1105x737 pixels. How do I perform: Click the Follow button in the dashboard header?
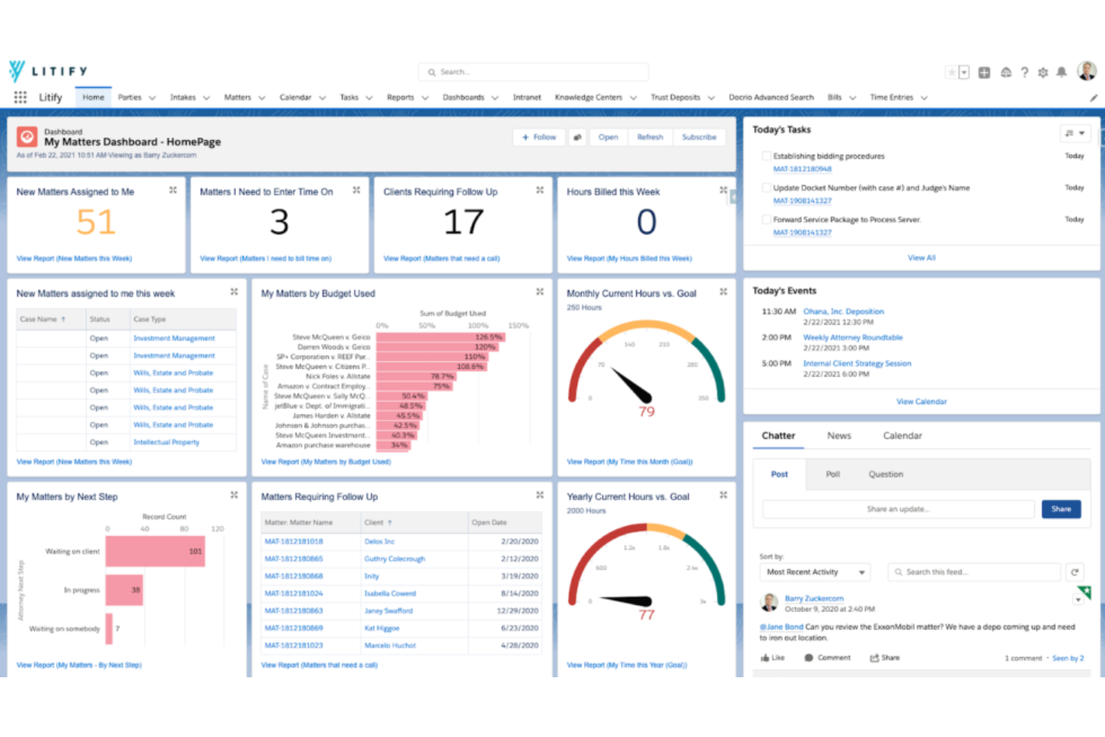pyautogui.click(x=539, y=137)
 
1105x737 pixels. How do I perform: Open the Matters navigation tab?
pyautogui.click(x=237, y=98)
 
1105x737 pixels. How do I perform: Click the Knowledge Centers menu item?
pyautogui.click(x=588, y=98)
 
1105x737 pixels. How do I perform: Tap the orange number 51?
pyautogui.click(x=96, y=223)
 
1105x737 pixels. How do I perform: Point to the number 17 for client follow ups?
pyautogui.click(x=463, y=223)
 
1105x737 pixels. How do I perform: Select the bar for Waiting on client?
pyautogui.click(x=155, y=552)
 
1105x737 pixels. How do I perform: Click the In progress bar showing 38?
pyautogui.click(x=124, y=590)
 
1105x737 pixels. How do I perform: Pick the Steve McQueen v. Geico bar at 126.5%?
pyautogui.click(x=441, y=338)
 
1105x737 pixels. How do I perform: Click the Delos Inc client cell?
pyautogui.click(x=379, y=541)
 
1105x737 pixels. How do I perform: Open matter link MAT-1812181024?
pyautogui.click(x=293, y=594)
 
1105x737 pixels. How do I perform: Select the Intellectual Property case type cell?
pyautogui.click(x=166, y=442)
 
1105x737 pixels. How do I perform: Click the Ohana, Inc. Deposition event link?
pyautogui.click(x=843, y=311)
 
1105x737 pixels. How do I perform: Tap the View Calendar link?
pyautogui.click(x=921, y=402)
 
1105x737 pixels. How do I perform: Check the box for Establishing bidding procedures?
pyautogui.click(x=766, y=156)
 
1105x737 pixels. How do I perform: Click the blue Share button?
pyautogui.click(x=1061, y=509)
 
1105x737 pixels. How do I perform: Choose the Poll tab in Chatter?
pyautogui.click(x=832, y=474)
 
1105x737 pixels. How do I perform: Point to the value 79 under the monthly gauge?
pyautogui.click(x=647, y=411)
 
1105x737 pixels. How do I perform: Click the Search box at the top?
pyautogui.click(x=533, y=72)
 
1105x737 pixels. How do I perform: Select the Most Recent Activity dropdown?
pyautogui.click(x=815, y=572)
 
